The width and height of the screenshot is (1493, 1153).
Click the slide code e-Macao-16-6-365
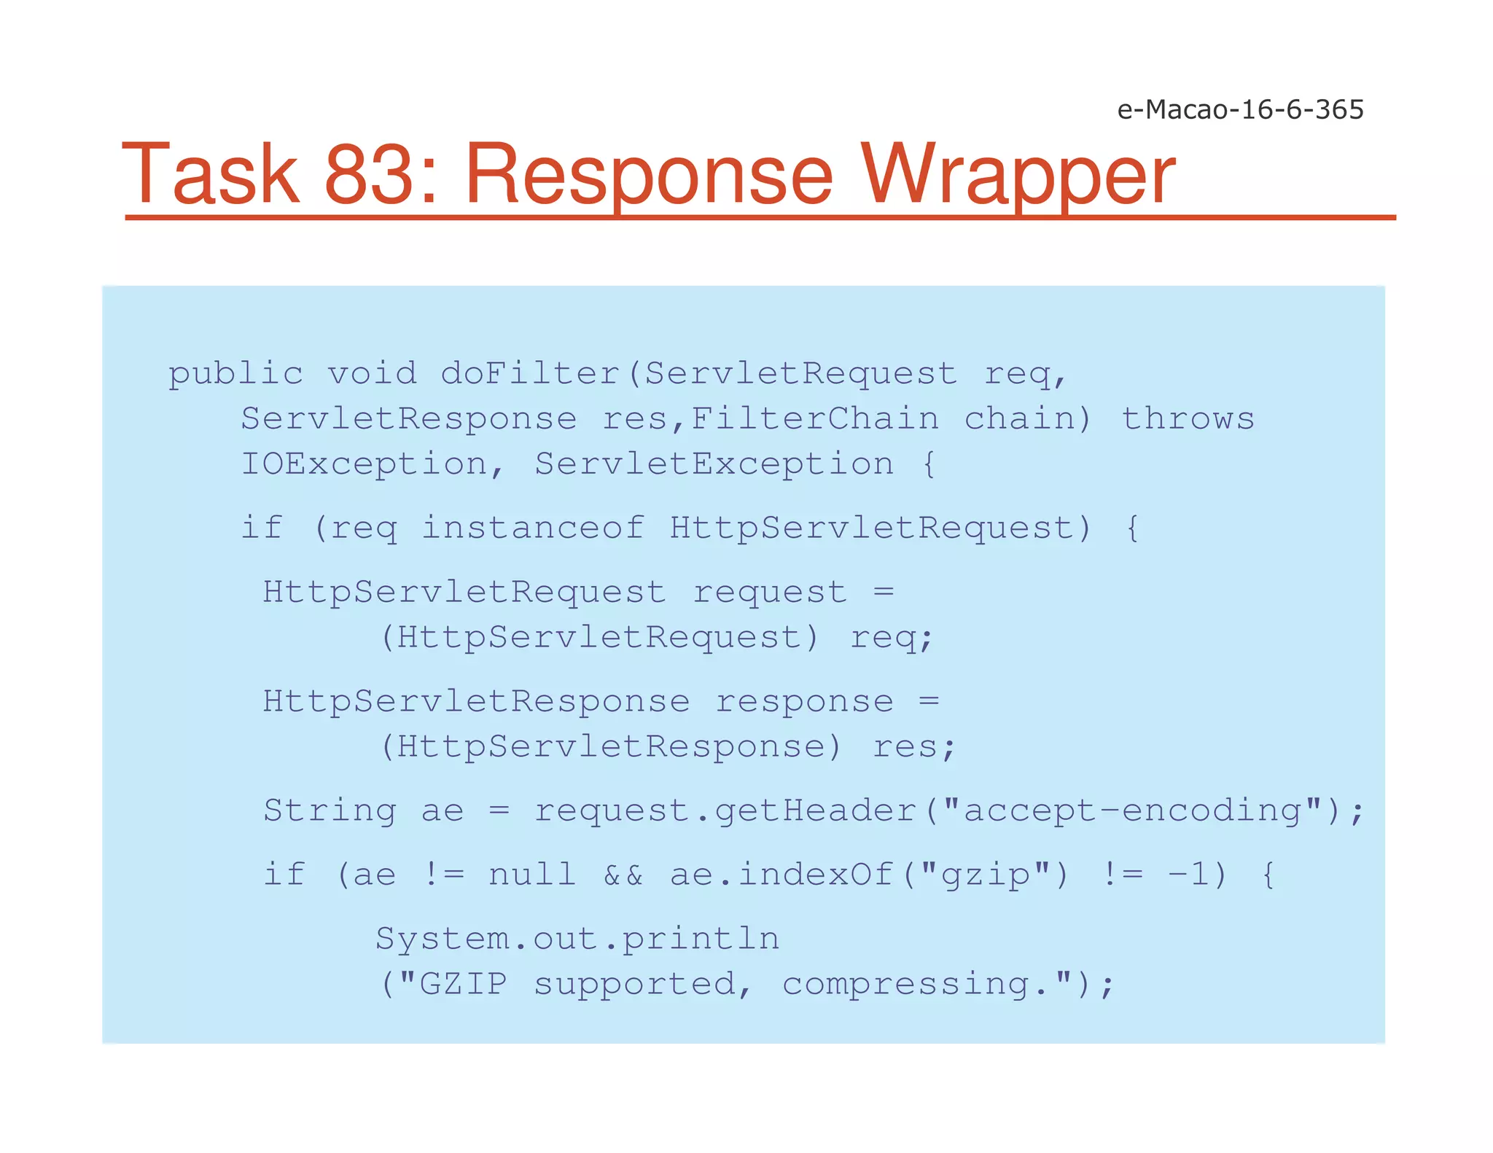click(x=1239, y=109)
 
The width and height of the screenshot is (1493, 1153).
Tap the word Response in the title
click(x=648, y=175)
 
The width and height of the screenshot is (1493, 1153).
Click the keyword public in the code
click(x=235, y=374)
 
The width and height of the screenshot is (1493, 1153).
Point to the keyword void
click(x=372, y=374)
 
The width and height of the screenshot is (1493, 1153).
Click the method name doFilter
click(x=530, y=374)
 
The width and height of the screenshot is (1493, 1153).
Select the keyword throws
click(x=1188, y=419)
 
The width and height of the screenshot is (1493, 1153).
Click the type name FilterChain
click(x=814, y=419)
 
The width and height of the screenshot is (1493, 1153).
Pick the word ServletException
click(x=714, y=464)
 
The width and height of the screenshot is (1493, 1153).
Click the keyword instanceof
click(x=533, y=528)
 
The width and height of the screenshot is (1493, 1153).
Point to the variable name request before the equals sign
click(x=769, y=592)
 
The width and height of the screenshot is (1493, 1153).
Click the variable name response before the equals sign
click(x=803, y=702)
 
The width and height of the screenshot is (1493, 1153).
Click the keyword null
click(x=531, y=875)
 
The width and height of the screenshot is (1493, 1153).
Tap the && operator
click(x=623, y=875)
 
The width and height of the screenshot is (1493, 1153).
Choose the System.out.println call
click(x=577, y=939)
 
